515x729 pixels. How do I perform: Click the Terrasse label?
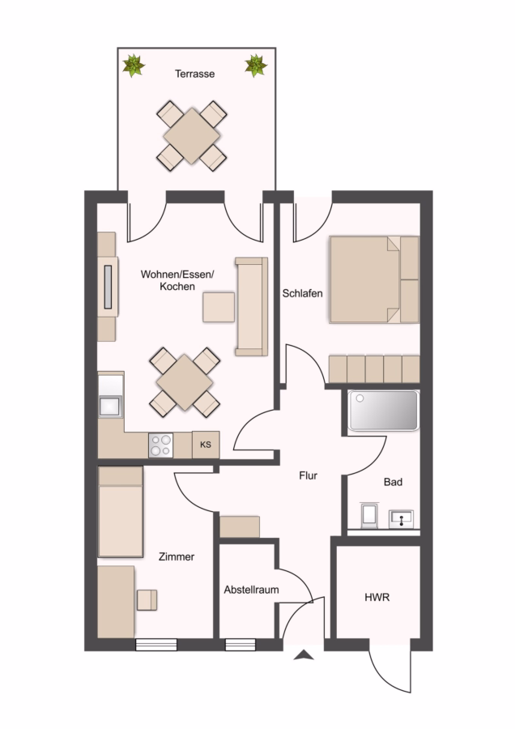(x=195, y=74)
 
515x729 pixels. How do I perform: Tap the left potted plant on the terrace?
(x=134, y=65)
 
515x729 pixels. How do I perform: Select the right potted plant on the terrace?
(x=256, y=65)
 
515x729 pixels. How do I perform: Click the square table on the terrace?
(x=191, y=136)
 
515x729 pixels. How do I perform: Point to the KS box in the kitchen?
(x=206, y=445)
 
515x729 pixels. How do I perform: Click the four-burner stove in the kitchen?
(x=161, y=445)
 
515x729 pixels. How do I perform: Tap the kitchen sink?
(x=110, y=407)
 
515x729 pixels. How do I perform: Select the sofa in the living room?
(x=252, y=306)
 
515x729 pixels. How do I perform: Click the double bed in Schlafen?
(x=374, y=279)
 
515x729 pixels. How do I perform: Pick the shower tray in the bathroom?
(x=384, y=411)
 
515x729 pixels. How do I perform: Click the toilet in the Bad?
(x=369, y=515)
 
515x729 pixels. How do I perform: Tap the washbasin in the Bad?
(x=401, y=518)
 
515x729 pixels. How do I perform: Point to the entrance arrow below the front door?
(x=304, y=655)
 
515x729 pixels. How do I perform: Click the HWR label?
(x=377, y=598)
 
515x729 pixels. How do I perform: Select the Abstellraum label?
(x=252, y=590)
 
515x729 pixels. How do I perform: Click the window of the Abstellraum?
(x=240, y=645)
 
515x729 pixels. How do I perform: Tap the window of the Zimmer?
(x=156, y=645)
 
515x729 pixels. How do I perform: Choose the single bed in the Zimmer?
(x=121, y=512)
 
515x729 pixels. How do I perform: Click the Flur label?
(x=309, y=475)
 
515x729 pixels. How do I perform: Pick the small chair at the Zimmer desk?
(x=147, y=599)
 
